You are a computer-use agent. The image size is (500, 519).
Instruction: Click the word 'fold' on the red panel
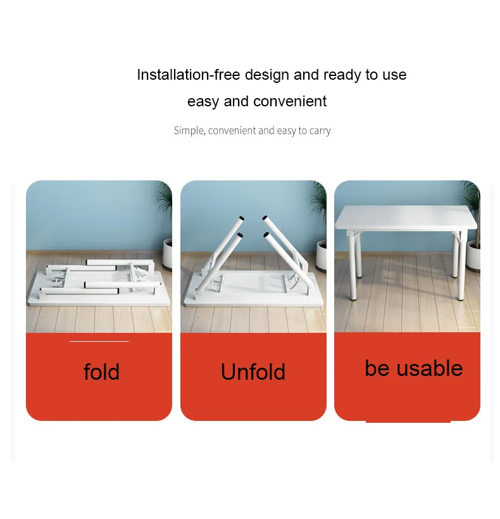(x=101, y=372)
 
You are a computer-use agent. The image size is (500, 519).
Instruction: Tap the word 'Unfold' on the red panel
(x=253, y=372)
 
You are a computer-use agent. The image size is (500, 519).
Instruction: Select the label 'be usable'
(x=413, y=368)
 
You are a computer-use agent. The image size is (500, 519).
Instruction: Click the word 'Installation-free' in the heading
(x=189, y=75)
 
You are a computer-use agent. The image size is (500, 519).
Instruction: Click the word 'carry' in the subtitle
(x=320, y=130)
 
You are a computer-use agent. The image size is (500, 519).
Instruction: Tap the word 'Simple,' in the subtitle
(x=189, y=130)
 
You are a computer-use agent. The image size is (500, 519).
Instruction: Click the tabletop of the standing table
(x=405, y=217)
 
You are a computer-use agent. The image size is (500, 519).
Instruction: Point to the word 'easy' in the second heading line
(x=203, y=101)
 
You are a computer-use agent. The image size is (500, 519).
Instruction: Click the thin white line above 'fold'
(x=99, y=341)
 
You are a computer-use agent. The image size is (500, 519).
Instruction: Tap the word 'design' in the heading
(x=267, y=75)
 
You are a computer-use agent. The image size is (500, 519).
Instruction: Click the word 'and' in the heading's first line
(x=306, y=75)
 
